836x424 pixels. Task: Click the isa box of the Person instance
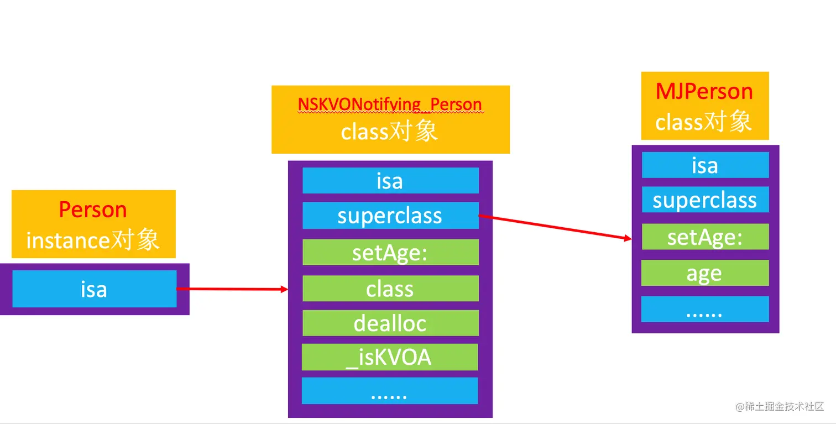[94, 289]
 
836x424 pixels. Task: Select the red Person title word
[93, 210]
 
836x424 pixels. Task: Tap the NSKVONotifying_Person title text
[390, 104]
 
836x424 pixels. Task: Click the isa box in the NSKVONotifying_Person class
[390, 181]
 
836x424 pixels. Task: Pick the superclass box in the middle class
[390, 216]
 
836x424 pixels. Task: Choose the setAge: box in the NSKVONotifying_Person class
[390, 252]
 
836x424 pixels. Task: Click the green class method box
[390, 289]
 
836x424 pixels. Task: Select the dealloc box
[390, 323]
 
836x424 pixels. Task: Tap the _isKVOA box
[390, 357]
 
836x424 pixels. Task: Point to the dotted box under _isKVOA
[390, 391]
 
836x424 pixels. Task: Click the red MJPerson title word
[704, 91]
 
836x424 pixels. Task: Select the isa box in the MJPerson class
[705, 165]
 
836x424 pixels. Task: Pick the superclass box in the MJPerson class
[705, 200]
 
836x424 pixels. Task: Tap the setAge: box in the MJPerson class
[705, 237]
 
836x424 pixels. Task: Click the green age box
[705, 273]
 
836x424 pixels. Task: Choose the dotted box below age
[705, 310]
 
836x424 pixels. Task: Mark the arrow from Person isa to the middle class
[232, 289]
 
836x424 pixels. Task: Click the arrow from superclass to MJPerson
[556, 227]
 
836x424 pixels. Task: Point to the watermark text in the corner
[780, 407]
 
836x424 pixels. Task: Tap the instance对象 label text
[93, 240]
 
